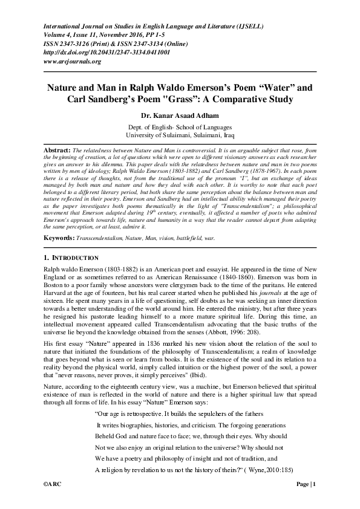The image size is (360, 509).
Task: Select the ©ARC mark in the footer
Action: pyautogui.click(x=51, y=484)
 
